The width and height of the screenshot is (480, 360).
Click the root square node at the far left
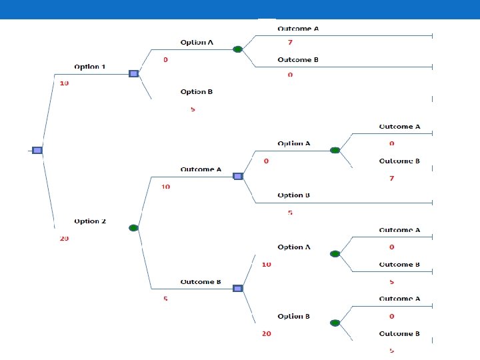click(x=37, y=150)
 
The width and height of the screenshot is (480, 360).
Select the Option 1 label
click(x=90, y=67)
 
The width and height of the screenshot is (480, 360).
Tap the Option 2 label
click(x=90, y=221)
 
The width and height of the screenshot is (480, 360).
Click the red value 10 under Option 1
click(x=64, y=83)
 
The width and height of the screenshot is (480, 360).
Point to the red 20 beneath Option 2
click(x=64, y=238)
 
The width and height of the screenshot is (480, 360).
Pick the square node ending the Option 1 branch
click(x=133, y=73)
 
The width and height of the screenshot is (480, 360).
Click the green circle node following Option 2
click(x=133, y=228)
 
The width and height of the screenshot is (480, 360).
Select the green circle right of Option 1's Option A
click(x=237, y=49)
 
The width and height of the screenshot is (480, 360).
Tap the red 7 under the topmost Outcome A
click(x=290, y=42)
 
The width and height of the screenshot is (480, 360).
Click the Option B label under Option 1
click(x=197, y=92)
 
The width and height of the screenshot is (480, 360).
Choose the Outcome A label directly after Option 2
click(x=201, y=169)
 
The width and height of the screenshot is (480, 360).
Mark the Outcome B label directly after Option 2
click(x=201, y=282)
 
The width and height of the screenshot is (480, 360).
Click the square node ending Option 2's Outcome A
click(x=237, y=176)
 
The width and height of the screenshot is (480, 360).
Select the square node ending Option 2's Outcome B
click(x=237, y=288)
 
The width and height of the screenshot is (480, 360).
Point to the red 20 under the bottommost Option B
click(x=266, y=333)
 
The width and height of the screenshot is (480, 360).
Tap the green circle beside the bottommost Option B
click(x=335, y=323)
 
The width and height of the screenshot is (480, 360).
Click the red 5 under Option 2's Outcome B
click(x=165, y=299)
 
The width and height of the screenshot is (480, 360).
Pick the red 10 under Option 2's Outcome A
click(x=165, y=187)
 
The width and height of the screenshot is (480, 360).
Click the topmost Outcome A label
click(x=298, y=29)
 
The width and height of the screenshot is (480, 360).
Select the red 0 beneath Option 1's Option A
click(x=165, y=60)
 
